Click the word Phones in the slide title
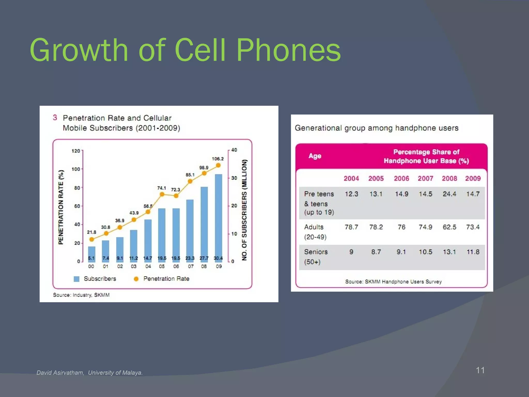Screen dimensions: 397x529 (x=289, y=50)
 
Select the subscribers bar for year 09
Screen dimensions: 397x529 (x=219, y=217)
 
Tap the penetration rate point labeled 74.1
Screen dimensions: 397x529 (x=162, y=194)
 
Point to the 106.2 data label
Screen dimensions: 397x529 (x=218, y=159)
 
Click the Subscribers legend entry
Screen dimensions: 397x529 (x=100, y=279)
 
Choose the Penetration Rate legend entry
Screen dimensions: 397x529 (x=166, y=279)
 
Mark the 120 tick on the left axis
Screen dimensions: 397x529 (x=76, y=151)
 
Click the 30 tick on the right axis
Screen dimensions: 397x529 (x=234, y=178)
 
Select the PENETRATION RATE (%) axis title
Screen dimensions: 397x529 (x=61, y=207)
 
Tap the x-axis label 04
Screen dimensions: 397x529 (x=148, y=266)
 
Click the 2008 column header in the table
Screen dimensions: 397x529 (x=449, y=179)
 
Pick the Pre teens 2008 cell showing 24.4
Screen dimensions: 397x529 (x=449, y=194)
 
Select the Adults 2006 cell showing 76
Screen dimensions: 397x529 (x=401, y=227)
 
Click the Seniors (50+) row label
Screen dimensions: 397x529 (x=316, y=256)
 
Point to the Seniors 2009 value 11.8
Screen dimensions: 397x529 (x=473, y=252)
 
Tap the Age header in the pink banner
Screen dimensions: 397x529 (x=315, y=156)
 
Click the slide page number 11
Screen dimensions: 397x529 (x=480, y=370)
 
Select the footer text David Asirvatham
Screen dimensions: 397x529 (x=60, y=373)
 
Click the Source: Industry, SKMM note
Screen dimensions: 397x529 (x=81, y=295)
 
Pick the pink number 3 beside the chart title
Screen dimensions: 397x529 (x=55, y=118)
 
